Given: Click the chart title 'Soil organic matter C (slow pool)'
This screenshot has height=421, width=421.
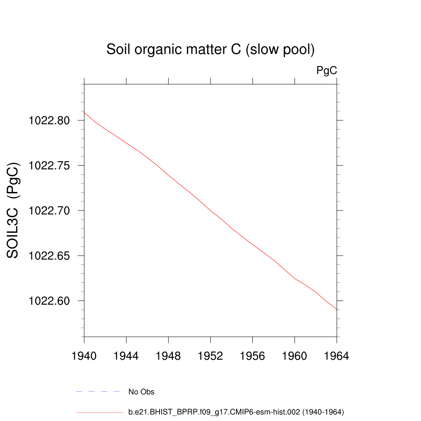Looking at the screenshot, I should click(x=210, y=50).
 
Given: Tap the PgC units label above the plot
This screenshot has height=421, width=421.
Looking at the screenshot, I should click(x=326, y=71).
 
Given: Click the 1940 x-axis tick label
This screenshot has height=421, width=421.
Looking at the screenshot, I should click(x=84, y=356).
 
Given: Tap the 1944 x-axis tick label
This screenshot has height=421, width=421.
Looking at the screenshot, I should click(x=126, y=356).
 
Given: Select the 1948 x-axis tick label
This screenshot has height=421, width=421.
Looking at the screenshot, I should click(x=168, y=356).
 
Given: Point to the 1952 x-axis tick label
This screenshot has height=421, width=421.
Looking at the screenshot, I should click(x=210, y=356).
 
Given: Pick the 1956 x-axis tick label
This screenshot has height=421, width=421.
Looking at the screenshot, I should click(x=252, y=356).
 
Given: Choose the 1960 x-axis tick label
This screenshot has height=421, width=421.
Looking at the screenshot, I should click(x=295, y=356).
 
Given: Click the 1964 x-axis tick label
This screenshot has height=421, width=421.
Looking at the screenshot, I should click(x=337, y=356).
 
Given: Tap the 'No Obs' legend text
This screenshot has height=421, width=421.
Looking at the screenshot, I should click(x=141, y=392).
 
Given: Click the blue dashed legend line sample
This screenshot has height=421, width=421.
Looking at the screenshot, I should click(x=97, y=392).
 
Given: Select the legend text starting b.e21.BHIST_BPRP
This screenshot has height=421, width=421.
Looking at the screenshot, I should click(x=236, y=412).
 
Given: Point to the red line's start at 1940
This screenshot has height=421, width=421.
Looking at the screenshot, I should click(x=84, y=112).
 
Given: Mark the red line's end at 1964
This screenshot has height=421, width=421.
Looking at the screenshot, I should click(x=337, y=309).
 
